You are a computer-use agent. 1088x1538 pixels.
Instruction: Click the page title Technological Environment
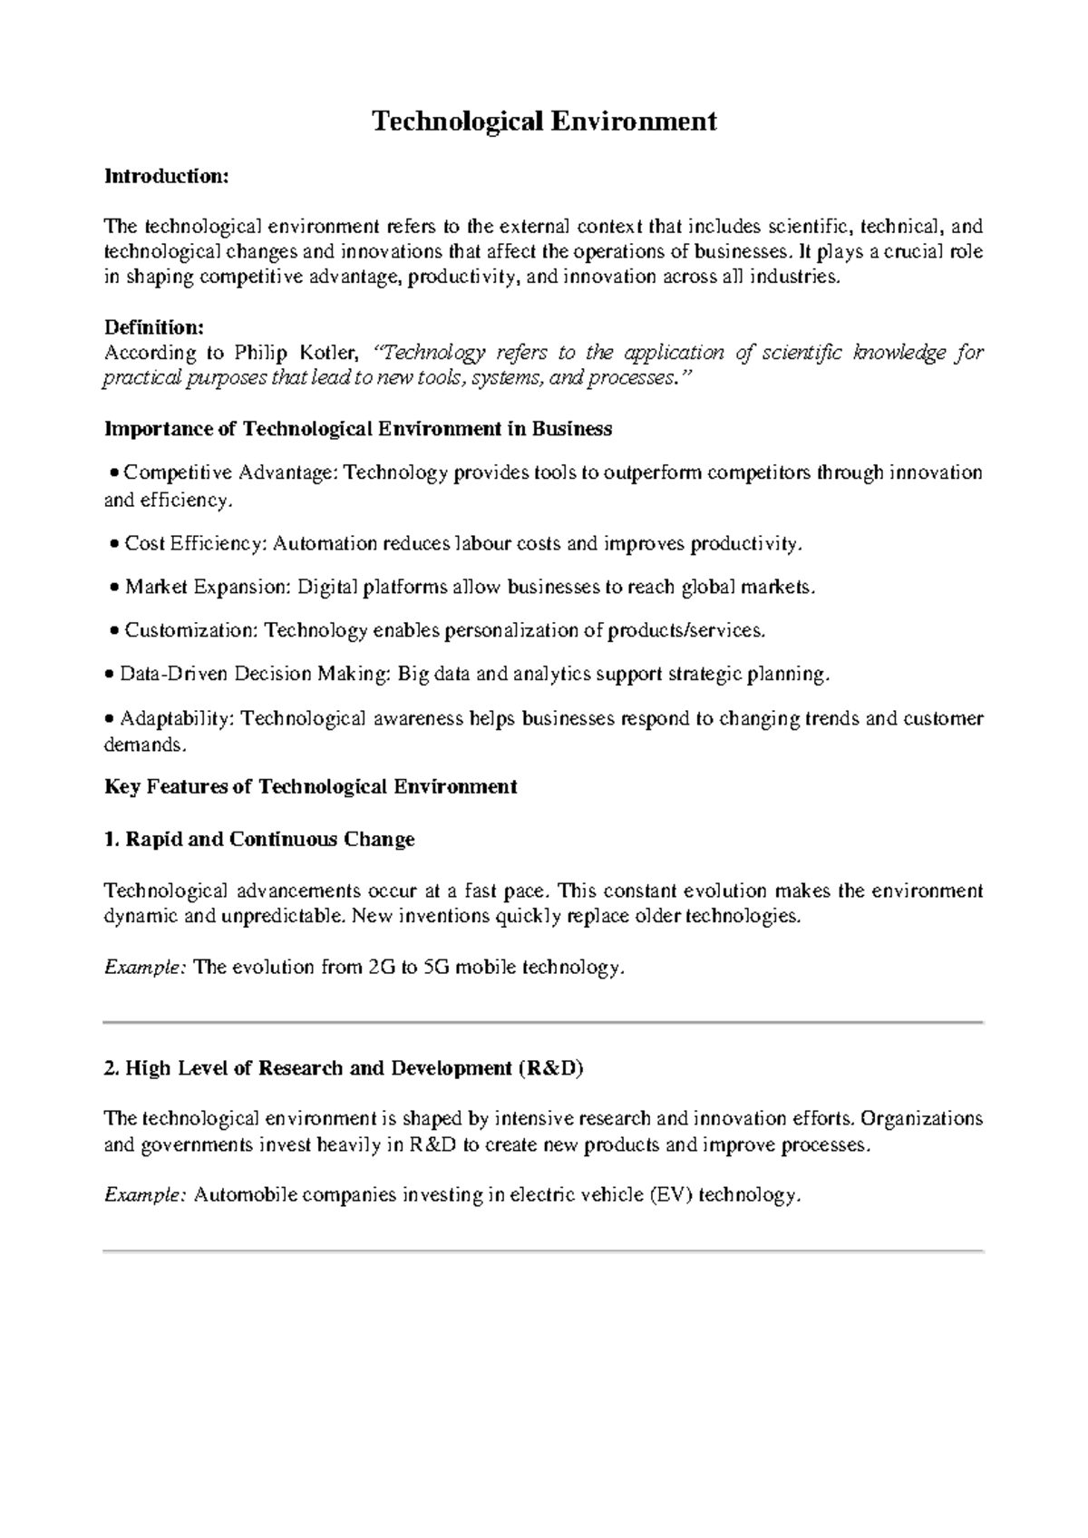pyautogui.click(x=544, y=122)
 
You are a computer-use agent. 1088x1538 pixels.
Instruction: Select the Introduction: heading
pyautogui.click(x=166, y=176)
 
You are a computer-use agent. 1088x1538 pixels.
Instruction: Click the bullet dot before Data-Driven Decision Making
pyautogui.click(x=110, y=676)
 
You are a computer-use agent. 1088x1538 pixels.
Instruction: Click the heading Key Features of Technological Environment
pyautogui.click(x=311, y=787)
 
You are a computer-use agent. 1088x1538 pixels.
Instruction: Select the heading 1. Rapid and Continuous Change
pyautogui.click(x=259, y=840)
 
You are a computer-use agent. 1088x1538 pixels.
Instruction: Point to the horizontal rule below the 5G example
pyautogui.click(x=544, y=1022)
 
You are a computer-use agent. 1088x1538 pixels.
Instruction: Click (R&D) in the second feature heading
pyautogui.click(x=550, y=1068)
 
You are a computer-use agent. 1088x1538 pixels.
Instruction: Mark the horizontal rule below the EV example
pyautogui.click(x=544, y=1251)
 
